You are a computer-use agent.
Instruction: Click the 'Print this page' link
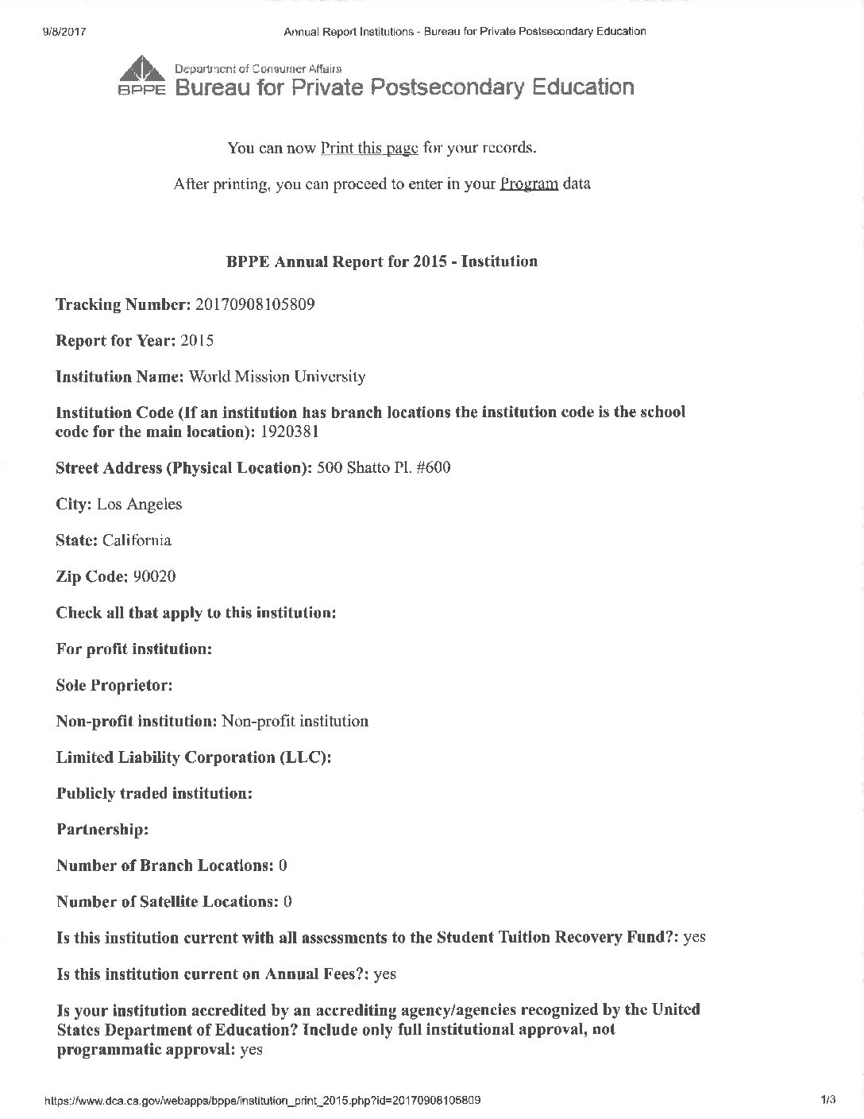coord(369,148)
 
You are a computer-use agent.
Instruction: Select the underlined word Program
coord(529,184)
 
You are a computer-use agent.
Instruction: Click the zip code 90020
coord(154,576)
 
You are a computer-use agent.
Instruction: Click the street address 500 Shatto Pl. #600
coord(384,467)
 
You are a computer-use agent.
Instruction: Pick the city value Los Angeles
coord(139,504)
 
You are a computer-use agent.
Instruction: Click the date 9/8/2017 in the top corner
coord(63,32)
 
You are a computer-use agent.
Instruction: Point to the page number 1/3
coord(828,1101)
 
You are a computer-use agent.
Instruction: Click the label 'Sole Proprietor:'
coord(114,685)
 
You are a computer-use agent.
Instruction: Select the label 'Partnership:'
coord(102,830)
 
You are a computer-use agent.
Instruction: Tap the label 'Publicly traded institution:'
coord(154,793)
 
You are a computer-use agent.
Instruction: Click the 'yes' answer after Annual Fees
coord(384,974)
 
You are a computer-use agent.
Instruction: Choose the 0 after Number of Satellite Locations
coord(287,902)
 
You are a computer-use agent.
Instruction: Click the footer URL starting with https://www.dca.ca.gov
coord(263,1101)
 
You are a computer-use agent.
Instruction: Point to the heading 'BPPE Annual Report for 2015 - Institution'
coord(382,261)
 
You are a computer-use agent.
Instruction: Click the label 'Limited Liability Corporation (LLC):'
coord(194,757)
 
